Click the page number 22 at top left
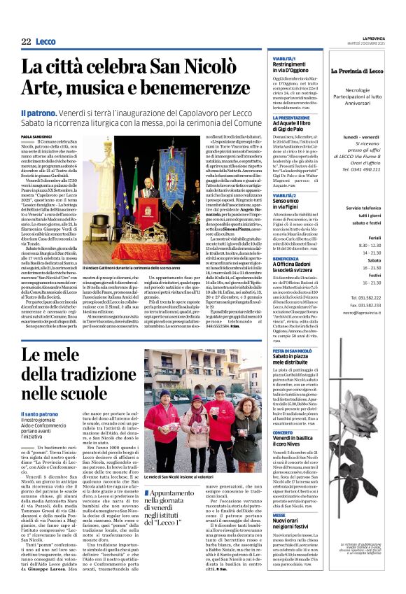pos(26,43)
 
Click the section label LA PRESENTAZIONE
pos(293,118)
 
